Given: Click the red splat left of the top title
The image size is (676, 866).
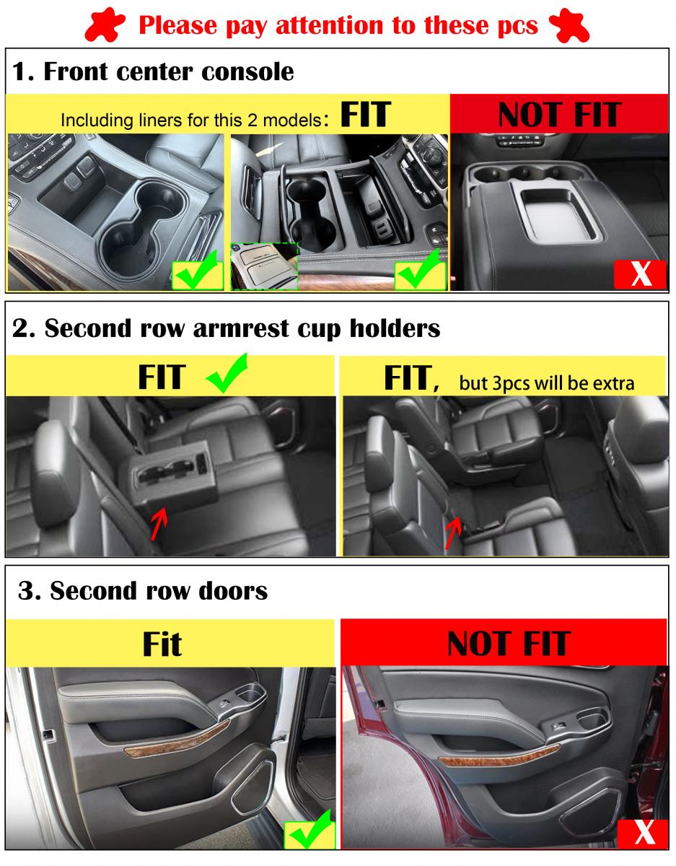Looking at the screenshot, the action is pos(105,25).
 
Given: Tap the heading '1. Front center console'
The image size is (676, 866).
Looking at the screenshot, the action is pos(154,71).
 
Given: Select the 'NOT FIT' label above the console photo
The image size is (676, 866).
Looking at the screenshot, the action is pos(560,114).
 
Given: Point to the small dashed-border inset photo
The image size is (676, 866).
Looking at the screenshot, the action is pos(264,266).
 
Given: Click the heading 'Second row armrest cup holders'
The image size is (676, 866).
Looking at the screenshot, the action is pos(242,328).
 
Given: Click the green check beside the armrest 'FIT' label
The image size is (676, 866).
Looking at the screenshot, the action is pos(227,373).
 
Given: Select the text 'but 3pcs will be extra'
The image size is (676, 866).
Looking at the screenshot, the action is pos(547,383).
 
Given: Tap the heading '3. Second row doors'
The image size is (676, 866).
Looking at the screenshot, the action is pos(143,590).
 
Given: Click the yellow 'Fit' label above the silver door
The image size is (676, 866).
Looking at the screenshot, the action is pos(162,644).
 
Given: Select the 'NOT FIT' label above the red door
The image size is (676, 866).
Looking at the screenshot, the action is pos(509,644).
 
